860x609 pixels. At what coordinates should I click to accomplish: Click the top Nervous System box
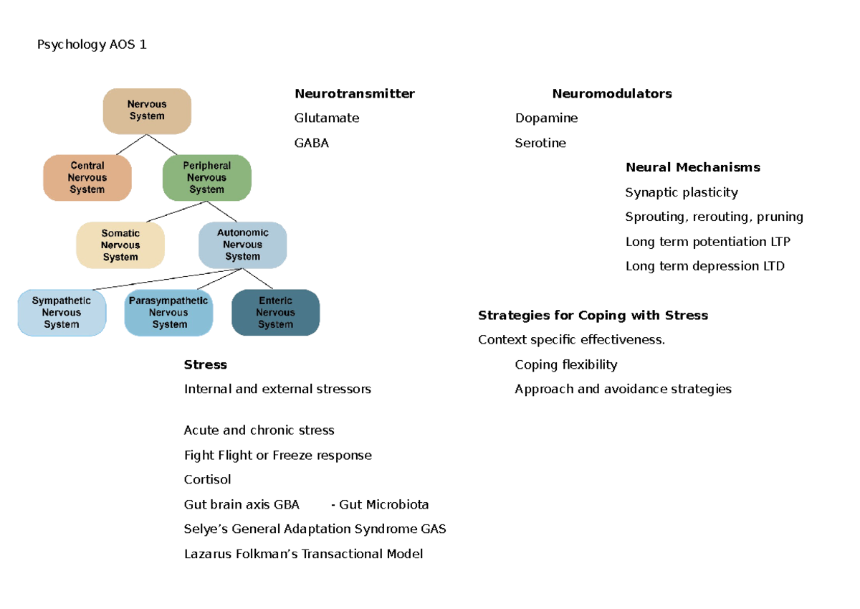point(147,110)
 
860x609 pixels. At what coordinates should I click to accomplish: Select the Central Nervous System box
point(87,178)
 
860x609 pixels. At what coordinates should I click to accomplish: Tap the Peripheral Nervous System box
point(207,178)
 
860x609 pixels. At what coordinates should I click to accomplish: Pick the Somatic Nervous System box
point(120,245)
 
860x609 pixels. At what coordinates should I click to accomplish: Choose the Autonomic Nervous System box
point(242,245)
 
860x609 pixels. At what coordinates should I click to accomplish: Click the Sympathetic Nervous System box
point(62,313)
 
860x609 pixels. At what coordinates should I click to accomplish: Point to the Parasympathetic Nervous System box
point(169,313)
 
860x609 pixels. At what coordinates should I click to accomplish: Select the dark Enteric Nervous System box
point(276,313)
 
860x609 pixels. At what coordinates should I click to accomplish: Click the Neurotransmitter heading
point(354,94)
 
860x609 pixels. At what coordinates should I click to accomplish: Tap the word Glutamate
point(327,118)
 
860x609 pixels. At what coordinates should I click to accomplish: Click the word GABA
point(311,143)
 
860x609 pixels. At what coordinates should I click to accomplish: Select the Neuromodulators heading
point(611,94)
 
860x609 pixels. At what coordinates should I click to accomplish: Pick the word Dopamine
point(546,118)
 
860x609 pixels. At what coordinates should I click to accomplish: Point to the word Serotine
point(540,143)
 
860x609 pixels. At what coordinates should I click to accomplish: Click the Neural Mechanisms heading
point(692,168)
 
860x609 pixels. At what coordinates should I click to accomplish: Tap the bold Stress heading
point(205,365)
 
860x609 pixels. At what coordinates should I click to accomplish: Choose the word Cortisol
point(207,480)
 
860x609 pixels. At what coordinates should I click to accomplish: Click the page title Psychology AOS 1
point(92,45)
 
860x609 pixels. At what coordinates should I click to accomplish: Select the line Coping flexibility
point(565,365)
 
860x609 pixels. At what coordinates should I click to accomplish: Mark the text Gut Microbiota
point(384,505)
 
